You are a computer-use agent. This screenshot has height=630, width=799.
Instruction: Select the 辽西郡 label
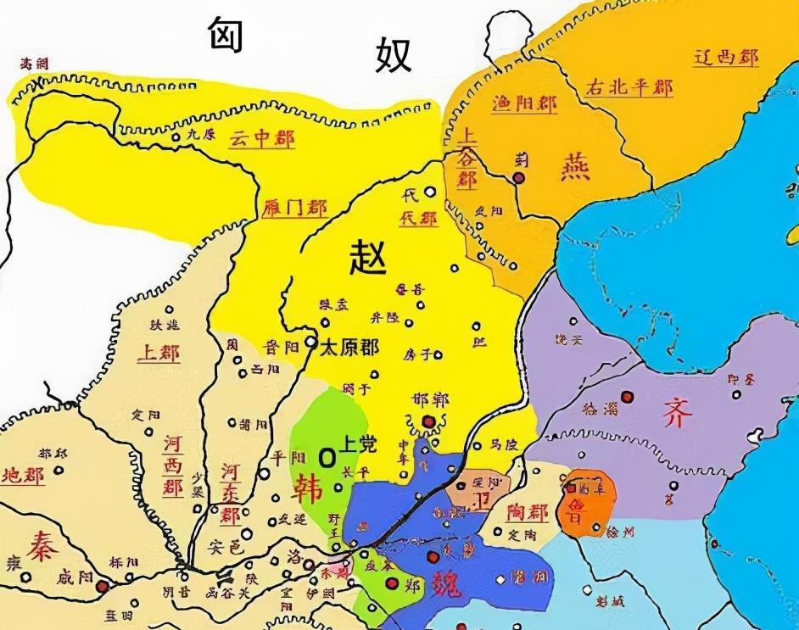(725, 59)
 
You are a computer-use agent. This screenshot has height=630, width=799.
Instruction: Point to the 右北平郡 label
(629, 87)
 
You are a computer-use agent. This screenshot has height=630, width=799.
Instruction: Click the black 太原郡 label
(349, 347)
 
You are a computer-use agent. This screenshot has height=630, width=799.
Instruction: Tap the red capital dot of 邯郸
(429, 421)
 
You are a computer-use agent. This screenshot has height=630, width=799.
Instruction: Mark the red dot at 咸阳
(102, 586)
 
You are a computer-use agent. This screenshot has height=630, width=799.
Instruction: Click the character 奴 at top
(392, 55)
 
